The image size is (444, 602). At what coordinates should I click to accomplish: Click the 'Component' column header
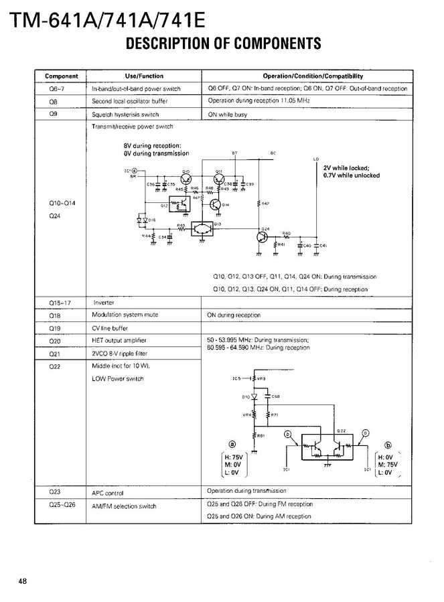(x=62, y=76)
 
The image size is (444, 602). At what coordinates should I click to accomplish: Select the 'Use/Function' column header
(x=144, y=76)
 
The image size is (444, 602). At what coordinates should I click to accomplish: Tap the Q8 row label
(x=55, y=101)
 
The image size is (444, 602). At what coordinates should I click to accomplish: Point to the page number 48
(x=23, y=580)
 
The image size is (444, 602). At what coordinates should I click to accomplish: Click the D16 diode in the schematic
(x=141, y=219)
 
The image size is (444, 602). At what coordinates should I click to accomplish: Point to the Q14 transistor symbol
(x=216, y=204)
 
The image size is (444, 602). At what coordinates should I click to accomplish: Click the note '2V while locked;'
(x=346, y=168)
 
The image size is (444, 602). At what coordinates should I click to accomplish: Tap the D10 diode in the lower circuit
(x=254, y=396)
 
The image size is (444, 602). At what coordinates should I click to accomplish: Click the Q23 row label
(x=55, y=492)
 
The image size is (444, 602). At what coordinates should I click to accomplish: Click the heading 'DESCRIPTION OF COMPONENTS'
(x=223, y=44)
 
